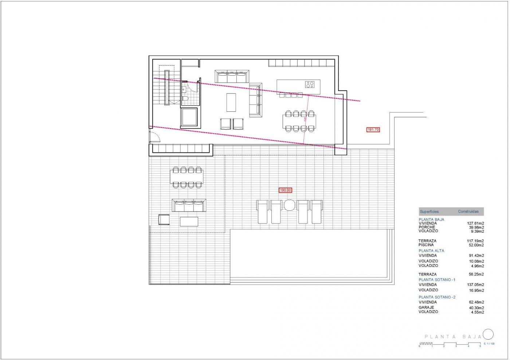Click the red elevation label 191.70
(x=373, y=130)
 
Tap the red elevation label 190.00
(x=286, y=190)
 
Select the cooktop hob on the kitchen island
(x=310, y=85)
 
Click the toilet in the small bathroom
(x=185, y=99)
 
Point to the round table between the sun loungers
(x=290, y=205)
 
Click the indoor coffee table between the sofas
(x=231, y=103)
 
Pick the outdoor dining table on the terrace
(x=186, y=177)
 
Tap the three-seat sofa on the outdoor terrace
(x=189, y=206)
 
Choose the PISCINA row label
(x=426, y=245)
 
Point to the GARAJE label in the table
(x=426, y=308)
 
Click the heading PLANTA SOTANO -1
(x=437, y=280)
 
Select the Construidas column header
(x=468, y=211)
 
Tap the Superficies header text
(x=429, y=211)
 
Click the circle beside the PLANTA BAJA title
(x=488, y=334)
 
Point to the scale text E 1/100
(x=489, y=344)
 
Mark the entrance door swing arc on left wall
(x=154, y=137)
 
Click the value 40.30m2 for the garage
(x=476, y=308)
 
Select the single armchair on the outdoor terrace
(x=164, y=219)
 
